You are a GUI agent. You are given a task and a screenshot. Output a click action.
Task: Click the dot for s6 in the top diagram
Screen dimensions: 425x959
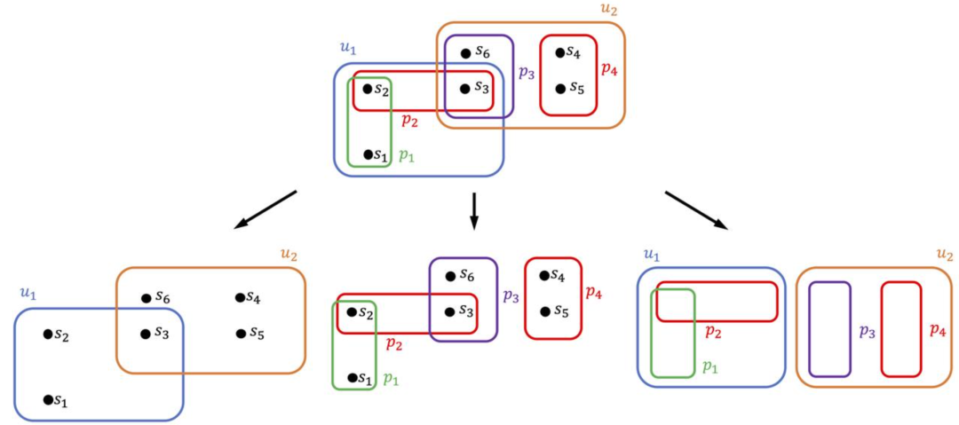[x=465, y=53]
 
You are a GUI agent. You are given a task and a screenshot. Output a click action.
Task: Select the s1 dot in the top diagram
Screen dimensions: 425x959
[x=369, y=154]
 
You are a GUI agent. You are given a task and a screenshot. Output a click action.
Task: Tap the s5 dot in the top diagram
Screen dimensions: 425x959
[x=560, y=89]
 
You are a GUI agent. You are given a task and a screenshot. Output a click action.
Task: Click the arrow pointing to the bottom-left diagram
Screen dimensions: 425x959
[x=265, y=209]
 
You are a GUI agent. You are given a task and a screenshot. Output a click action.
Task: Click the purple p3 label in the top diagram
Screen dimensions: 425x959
[x=527, y=73]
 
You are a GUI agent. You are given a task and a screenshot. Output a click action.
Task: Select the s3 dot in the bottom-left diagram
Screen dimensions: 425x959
[x=145, y=334]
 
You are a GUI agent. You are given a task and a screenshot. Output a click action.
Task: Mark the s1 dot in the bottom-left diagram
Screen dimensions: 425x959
[x=48, y=399]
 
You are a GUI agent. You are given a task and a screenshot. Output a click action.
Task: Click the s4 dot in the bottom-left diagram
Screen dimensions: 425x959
[x=240, y=298]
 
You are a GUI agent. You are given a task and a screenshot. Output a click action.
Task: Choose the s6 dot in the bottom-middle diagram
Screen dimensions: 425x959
[x=450, y=276]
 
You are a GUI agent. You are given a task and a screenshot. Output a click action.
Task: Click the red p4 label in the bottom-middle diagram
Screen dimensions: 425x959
[x=594, y=292]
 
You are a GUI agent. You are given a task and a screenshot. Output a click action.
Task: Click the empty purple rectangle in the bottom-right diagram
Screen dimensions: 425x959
[x=829, y=329]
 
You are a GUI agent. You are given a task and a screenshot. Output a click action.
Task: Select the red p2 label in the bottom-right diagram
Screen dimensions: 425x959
[x=712, y=332]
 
